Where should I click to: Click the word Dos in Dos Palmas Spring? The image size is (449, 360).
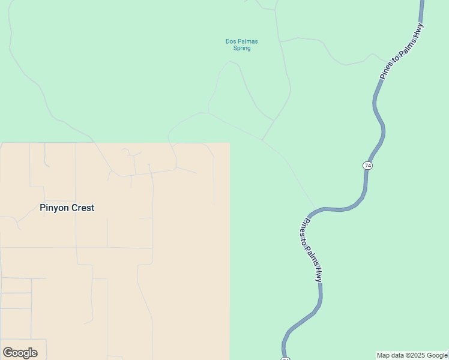pos(231,41)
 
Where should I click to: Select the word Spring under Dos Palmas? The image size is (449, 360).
pos(242,48)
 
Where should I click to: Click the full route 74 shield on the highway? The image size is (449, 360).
pos(368,165)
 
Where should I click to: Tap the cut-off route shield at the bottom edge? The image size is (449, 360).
pos(285,358)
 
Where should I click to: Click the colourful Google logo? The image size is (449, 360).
pos(20,353)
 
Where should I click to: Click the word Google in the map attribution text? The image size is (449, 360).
pos(437,356)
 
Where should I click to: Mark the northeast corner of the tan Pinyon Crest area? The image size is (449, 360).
pos(230,143)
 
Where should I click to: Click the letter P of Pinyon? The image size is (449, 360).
pos(43,208)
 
